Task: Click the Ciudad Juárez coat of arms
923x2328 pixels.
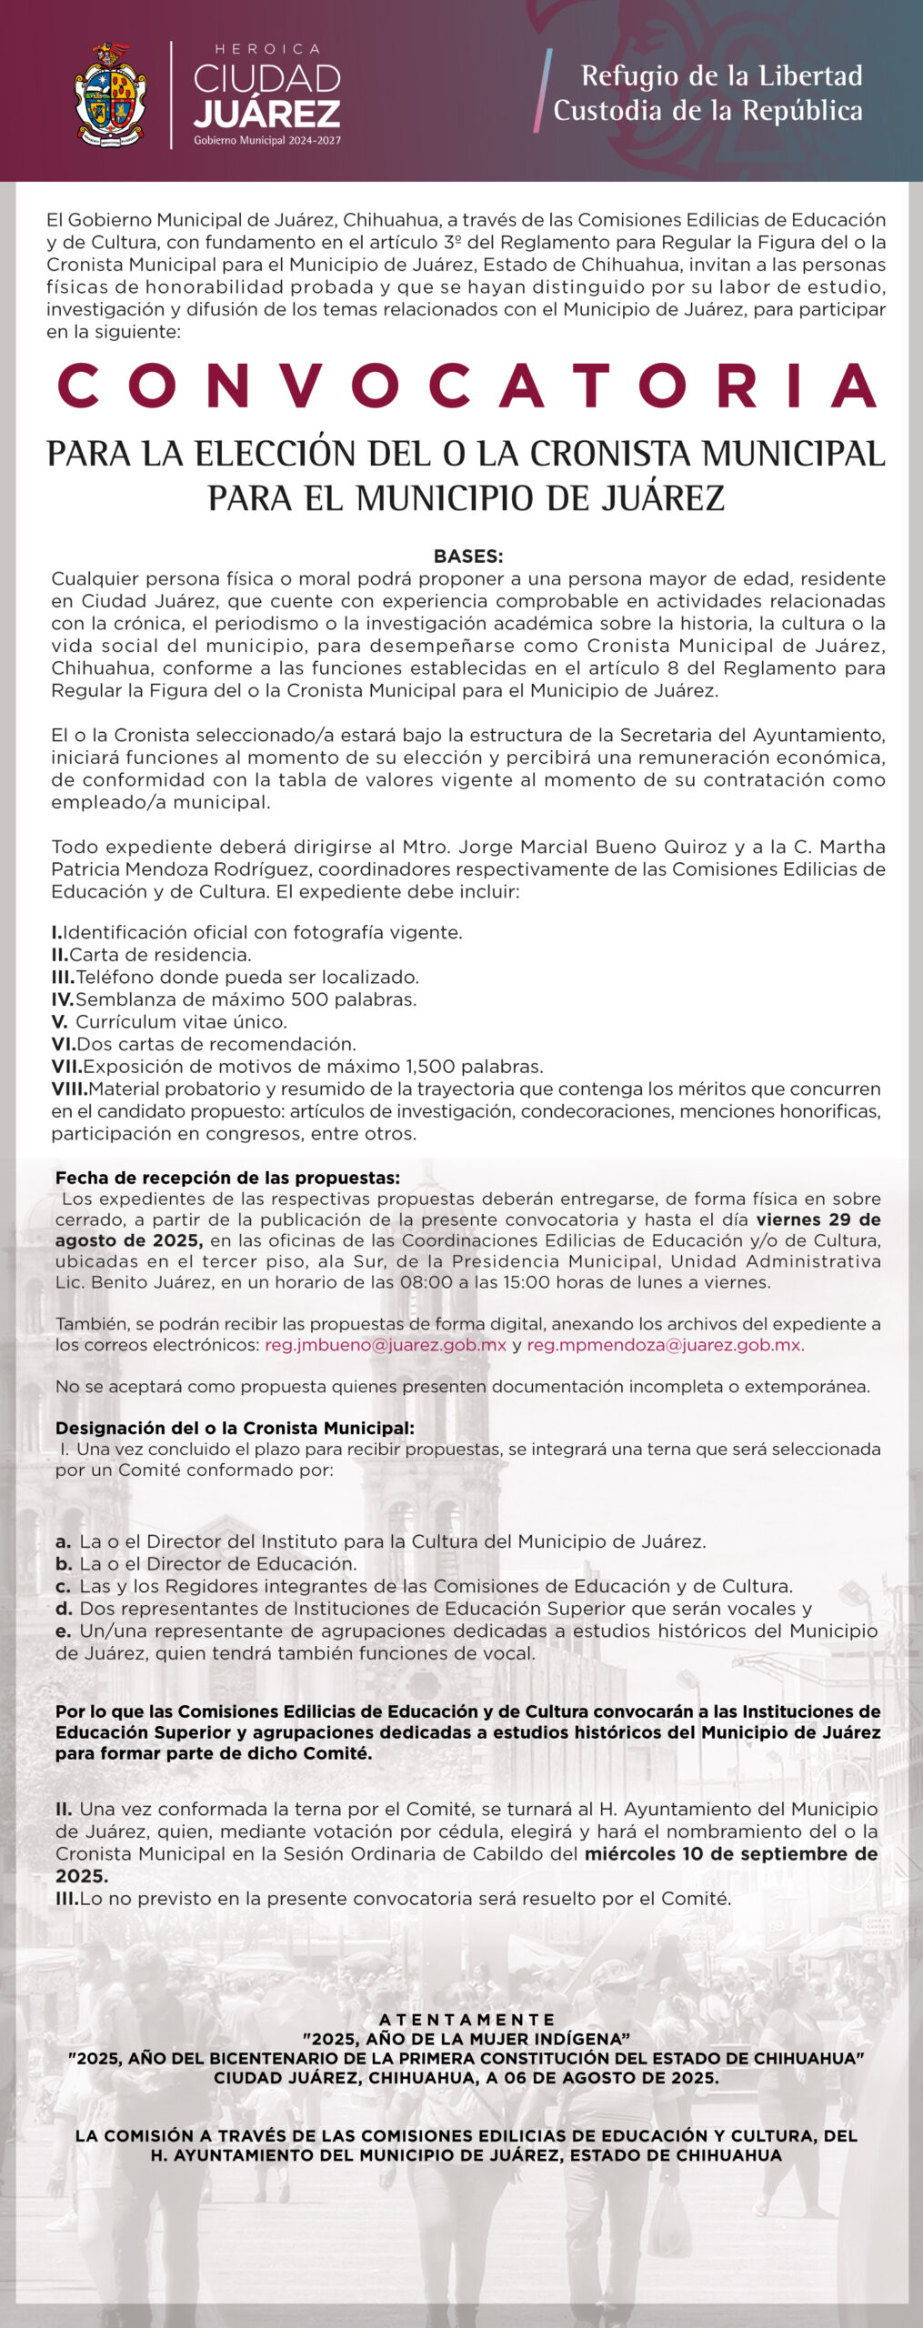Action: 110,95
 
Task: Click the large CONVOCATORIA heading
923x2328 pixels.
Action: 467,386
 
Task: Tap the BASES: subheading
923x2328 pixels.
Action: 467,557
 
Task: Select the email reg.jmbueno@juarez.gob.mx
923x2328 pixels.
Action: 386,1345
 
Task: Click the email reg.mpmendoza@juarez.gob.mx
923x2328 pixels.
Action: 666,1345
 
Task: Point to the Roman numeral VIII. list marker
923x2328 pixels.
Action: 69,1089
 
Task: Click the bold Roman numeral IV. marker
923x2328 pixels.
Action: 63,999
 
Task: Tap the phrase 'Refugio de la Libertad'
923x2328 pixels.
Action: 721,75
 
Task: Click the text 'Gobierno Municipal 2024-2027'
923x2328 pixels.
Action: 267,141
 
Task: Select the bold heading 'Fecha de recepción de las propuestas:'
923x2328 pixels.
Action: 227,1179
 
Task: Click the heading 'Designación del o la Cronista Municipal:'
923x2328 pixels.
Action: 235,1428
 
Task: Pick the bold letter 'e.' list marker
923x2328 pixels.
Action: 63,1631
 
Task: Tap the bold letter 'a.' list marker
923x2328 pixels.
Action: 63,1541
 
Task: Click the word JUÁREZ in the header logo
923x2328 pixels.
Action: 267,114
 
